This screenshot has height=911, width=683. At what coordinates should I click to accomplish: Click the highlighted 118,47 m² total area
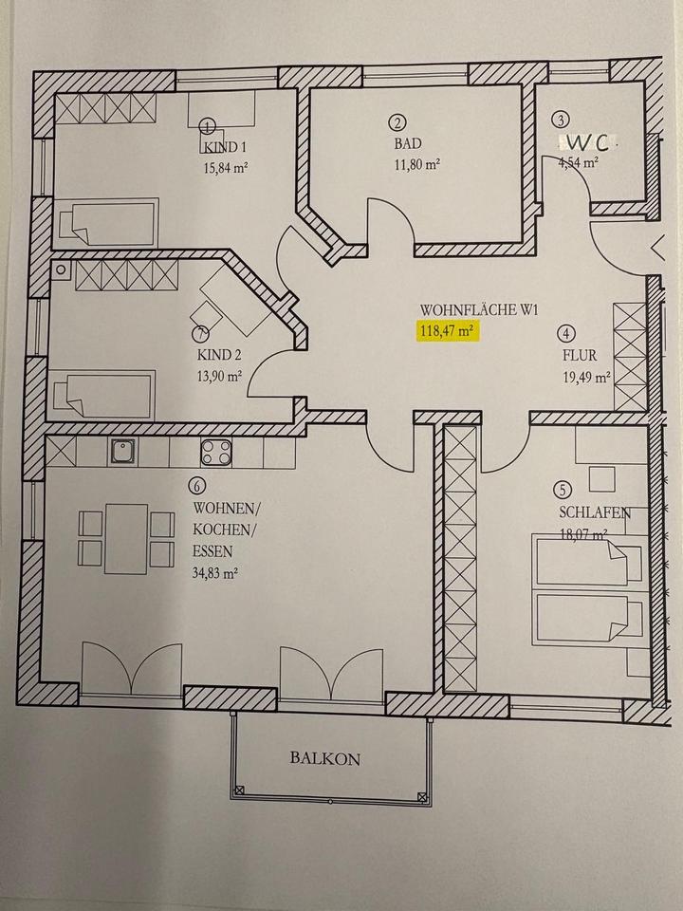click(x=446, y=331)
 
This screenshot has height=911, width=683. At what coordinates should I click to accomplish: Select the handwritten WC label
click(x=589, y=142)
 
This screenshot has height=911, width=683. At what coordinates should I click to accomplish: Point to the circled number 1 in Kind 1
click(x=209, y=125)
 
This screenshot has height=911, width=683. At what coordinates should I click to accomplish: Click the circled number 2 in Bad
click(x=397, y=121)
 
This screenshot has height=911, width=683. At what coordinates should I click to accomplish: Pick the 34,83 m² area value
click(x=215, y=573)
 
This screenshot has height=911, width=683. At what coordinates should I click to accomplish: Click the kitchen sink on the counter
click(x=120, y=453)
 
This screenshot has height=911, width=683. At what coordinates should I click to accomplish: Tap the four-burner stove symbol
click(x=215, y=453)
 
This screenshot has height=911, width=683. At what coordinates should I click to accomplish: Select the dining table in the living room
click(x=126, y=539)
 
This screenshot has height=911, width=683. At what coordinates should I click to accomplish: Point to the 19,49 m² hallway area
click(x=585, y=376)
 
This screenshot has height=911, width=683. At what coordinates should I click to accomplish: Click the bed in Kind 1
click(x=107, y=223)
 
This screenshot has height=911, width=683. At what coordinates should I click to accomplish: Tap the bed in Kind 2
click(x=104, y=394)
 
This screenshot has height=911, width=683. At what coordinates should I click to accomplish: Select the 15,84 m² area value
click(x=225, y=168)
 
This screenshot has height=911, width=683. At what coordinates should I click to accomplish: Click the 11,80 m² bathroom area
click(x=416, y=164)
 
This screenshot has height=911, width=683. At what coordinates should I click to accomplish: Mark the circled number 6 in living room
click(x=197, y=486)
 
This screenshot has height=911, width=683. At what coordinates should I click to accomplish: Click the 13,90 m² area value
click(x=218, y=376)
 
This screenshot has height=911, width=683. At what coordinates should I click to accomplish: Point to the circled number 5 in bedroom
click(x=563, y=490)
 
